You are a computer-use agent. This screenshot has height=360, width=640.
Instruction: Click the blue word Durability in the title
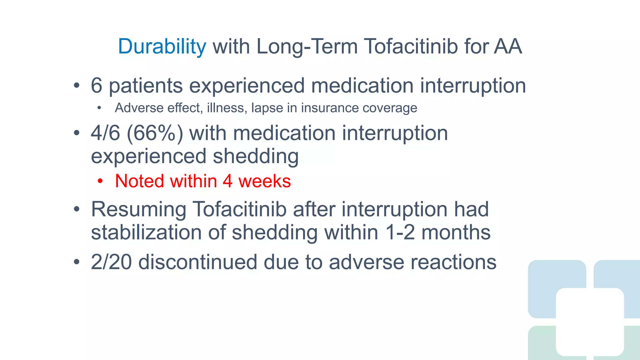(162, 47)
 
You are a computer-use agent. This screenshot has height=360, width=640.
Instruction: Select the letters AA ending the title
(508, 47)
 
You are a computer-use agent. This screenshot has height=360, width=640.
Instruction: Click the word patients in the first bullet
(146, 86)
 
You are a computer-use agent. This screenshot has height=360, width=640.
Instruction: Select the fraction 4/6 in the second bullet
(105, 133)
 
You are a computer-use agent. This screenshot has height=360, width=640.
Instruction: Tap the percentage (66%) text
(155, 133)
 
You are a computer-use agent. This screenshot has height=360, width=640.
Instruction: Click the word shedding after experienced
(256, 156)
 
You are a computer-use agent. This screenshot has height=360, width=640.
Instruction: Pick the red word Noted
(139, 181)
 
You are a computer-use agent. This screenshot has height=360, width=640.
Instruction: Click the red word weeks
(264, 181)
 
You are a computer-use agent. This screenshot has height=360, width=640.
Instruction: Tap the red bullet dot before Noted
(100, 181)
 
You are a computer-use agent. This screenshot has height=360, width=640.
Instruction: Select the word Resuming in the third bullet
(138, 209)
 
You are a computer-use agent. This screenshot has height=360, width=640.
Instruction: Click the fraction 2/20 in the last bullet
(111, 262)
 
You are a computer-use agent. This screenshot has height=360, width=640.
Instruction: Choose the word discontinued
(198, 262)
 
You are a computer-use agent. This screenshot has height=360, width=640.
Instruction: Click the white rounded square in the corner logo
(590, 322)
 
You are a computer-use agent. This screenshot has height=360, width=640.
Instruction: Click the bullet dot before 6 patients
(77, 86)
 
